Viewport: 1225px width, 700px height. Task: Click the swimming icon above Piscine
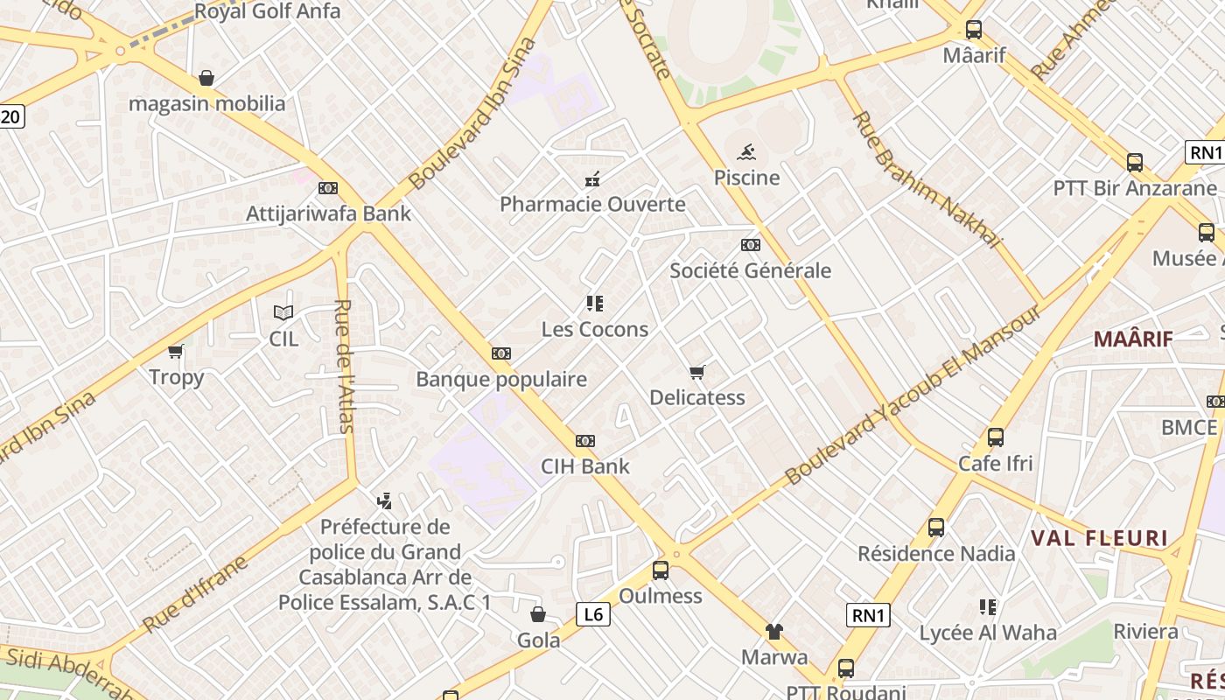746,153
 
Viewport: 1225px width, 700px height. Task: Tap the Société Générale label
750,270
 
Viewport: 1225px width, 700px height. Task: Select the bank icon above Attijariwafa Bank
328,188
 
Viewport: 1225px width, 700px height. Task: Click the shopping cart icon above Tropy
176,352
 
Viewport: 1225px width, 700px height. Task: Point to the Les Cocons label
595,330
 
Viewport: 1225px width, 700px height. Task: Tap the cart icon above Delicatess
697,373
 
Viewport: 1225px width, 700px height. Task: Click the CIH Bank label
584,465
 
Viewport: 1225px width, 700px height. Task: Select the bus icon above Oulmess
661,570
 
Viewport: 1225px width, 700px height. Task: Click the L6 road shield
593,614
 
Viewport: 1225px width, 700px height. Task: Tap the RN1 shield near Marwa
868,615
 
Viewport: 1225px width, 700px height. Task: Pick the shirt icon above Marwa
774,631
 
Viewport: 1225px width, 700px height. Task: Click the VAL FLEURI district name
1099,538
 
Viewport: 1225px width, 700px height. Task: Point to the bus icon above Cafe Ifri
995,437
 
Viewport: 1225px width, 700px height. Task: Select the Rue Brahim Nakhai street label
926,178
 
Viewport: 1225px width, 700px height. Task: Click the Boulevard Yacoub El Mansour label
914,395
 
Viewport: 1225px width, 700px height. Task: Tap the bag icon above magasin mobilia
206,79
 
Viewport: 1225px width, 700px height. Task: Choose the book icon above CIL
283,312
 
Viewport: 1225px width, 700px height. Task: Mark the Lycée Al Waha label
988,632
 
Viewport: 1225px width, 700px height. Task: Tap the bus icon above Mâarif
974,30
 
